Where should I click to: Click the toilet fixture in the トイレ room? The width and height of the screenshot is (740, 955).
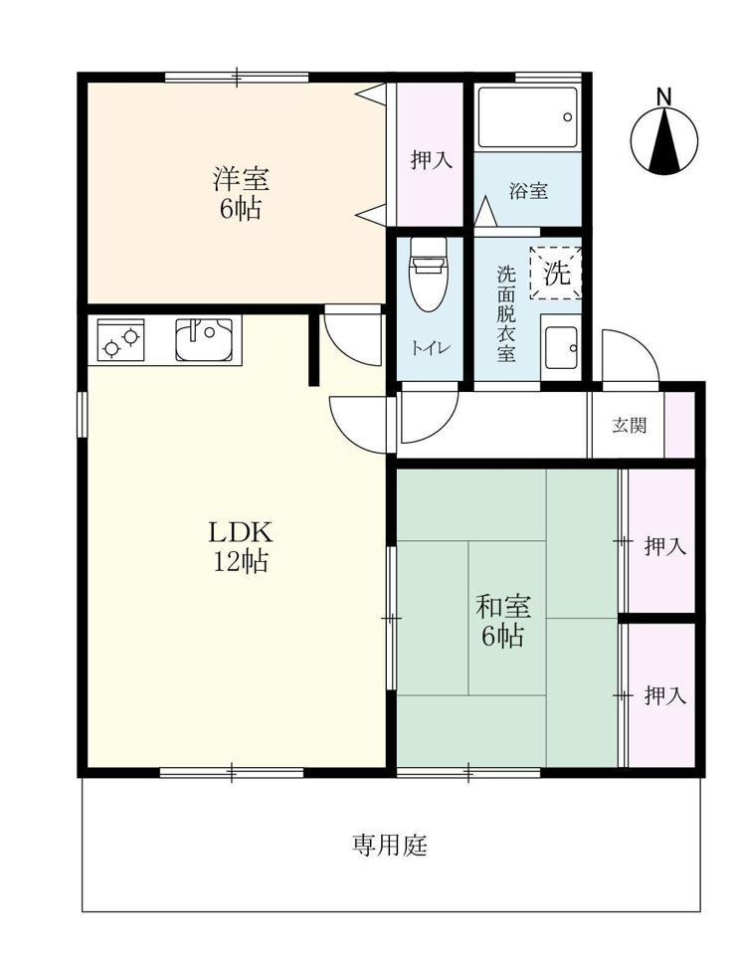click(x=429, y=275)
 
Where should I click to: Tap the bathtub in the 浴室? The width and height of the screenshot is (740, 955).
click(x=527, y=117)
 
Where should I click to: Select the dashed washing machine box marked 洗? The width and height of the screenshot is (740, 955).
click(x=555, y=273)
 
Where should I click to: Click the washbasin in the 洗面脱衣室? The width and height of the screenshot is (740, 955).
click(x=561, y=348)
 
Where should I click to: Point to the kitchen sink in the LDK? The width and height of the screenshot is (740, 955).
click(x=205, y=339)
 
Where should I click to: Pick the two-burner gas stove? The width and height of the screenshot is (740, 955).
click(x=120, y=340)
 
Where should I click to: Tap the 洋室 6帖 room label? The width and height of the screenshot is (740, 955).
click(x=241, y=194)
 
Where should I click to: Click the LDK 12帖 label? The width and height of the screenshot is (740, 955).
click(x=240, y=547)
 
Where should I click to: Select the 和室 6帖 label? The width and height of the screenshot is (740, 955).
click(x=503, y=621)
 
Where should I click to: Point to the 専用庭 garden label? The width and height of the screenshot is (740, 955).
click(x=390, y=845)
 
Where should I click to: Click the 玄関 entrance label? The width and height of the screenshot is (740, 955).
click(x=630, y=425)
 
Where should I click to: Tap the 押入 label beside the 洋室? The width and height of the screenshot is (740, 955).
click(x=432, y=160)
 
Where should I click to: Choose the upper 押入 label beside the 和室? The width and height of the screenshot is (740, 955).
click(x=665, y=546)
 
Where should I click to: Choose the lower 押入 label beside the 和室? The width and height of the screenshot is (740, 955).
click(x=665, y=695)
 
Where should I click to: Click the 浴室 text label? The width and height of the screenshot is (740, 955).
click(x=529, y=191)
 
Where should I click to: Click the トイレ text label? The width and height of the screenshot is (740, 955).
click(x=431, y=348)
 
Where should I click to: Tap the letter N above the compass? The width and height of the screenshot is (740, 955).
click(x=663, y=96)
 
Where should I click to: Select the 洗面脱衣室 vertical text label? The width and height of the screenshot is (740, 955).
click(x=506, y=313)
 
